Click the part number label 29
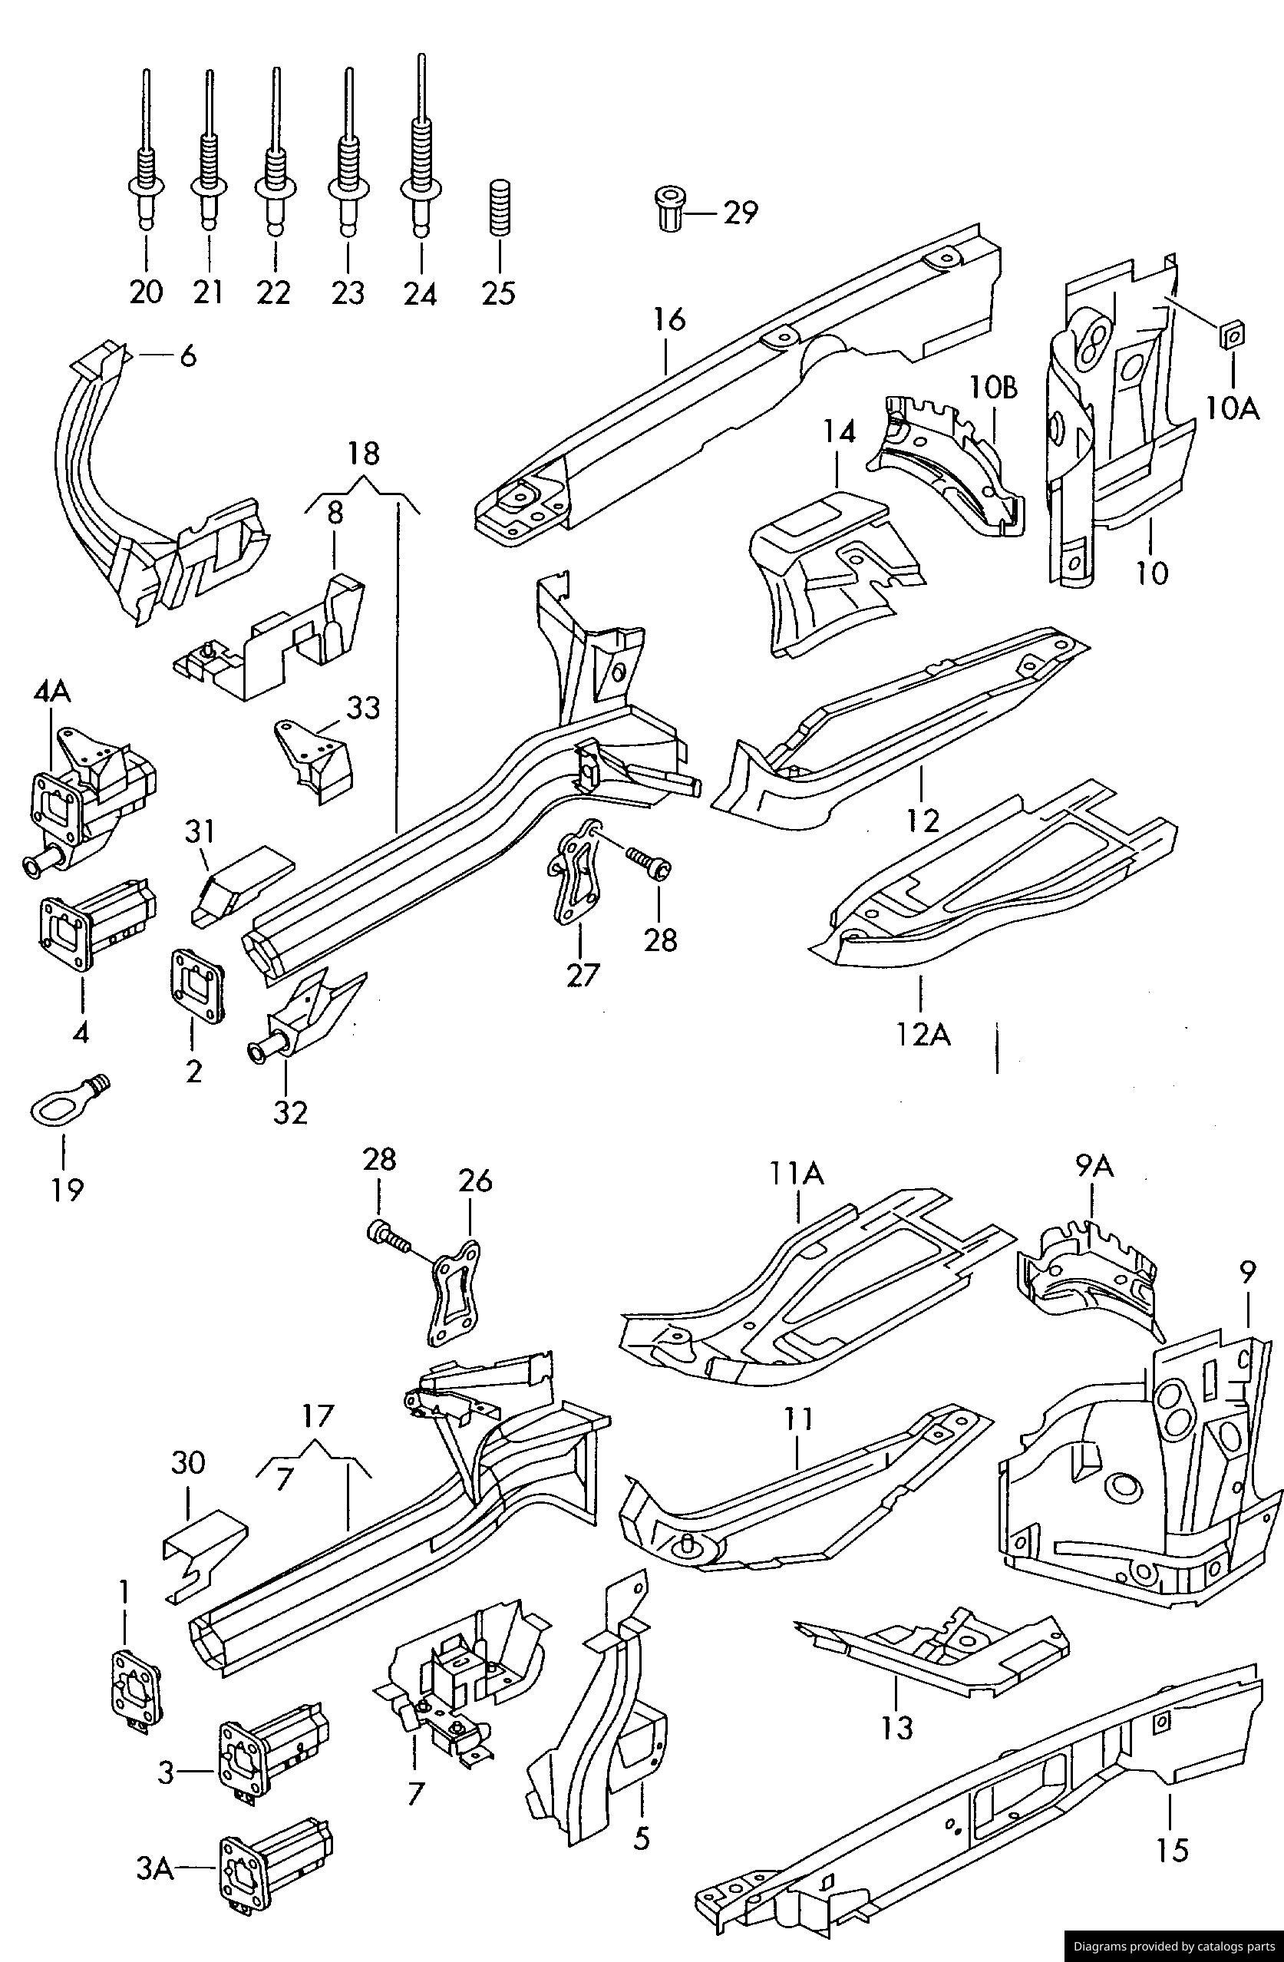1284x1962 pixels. click(x=740, y=213)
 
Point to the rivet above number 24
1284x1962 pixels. click(x=421, y=165)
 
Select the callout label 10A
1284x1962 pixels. click(x=1232, y=408)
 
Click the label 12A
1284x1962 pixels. click(x=923, y=1033)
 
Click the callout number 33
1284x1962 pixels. click(x=362, y=707)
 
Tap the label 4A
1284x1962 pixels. click(x=52, y=692)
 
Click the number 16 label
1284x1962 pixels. click(x=671, y=319)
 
